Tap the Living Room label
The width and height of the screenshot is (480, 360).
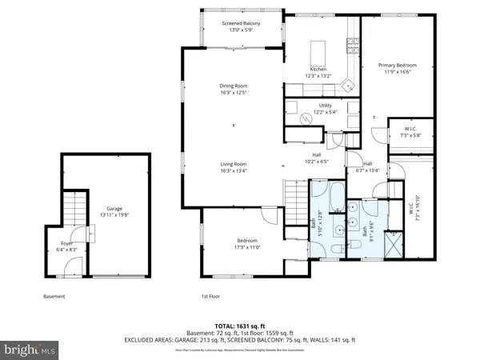click(233, 164)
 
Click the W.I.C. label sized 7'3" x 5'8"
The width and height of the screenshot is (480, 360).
click(411, 132)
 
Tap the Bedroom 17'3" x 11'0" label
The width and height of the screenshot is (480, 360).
click(246, 243)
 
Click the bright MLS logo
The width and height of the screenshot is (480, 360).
click(30, 350)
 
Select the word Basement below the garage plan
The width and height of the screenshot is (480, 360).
click(54, 296)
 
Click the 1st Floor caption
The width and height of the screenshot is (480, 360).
click(210, 296)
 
